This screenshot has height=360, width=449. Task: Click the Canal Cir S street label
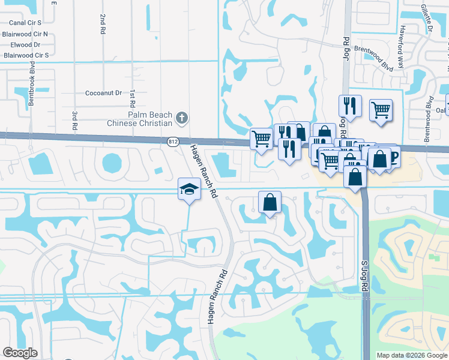tap(25, 23)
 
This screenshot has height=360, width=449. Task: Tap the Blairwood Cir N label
tap(25, 34)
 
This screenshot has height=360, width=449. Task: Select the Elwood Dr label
tap(25, 44)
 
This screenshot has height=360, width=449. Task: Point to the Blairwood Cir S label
tap(26, 55)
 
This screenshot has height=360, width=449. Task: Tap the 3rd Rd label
tap(75, 120)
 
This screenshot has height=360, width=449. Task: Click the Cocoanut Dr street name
tap(103, 93)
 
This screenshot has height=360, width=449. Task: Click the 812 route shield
tap(173, 142)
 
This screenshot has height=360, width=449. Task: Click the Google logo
tap(20, 352)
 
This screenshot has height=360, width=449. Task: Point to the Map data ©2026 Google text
tap(412, 355)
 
